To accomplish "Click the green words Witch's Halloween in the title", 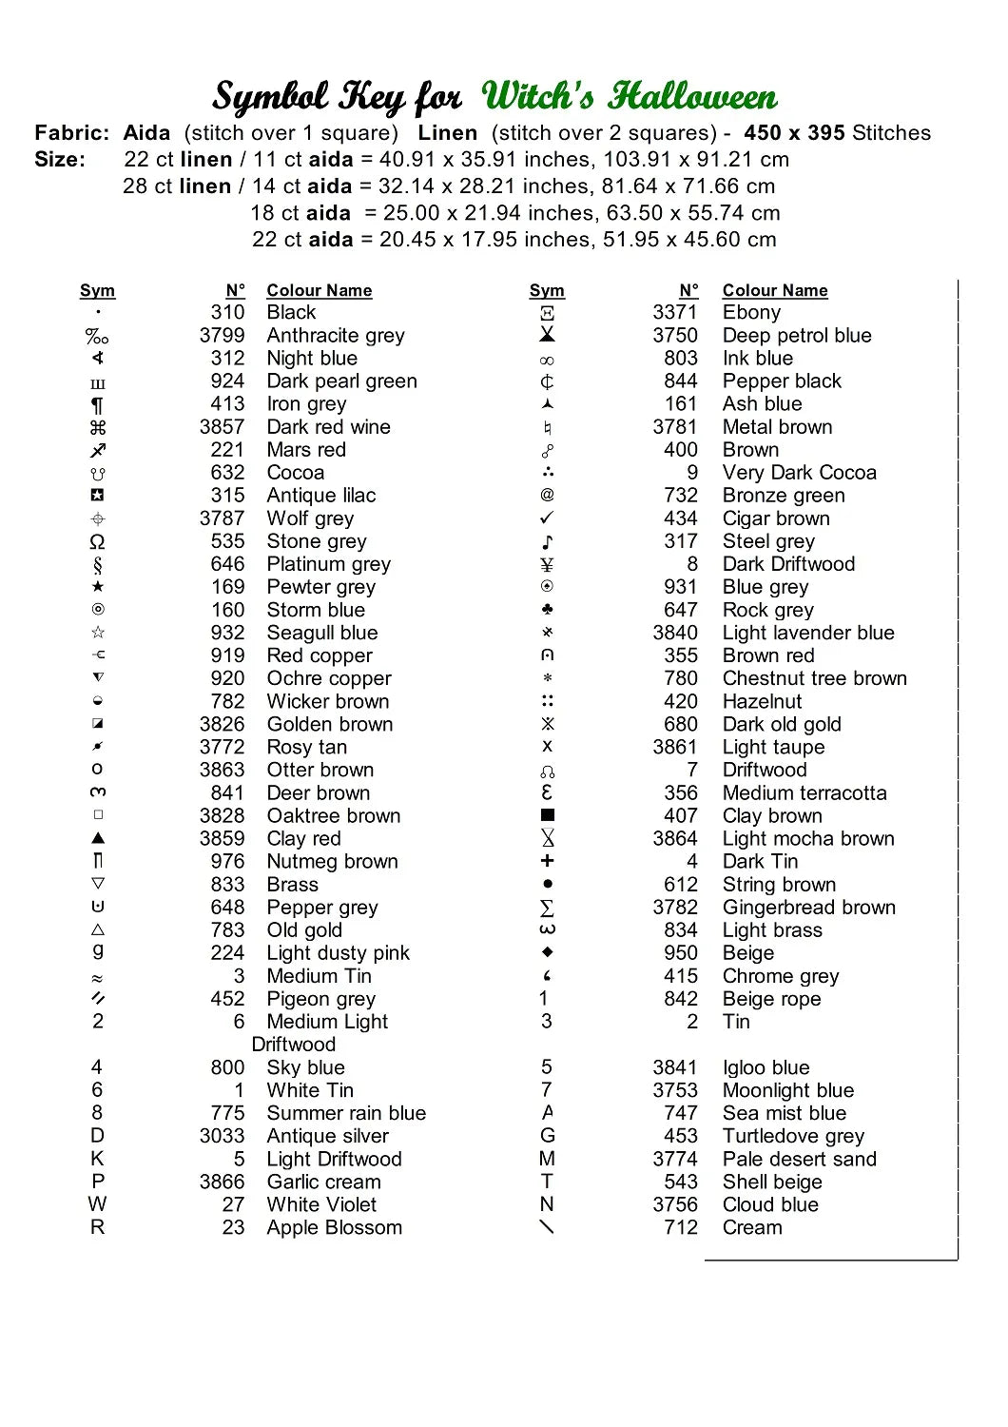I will [629, 96].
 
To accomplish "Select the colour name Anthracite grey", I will [336, 336].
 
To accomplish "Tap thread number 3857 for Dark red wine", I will [222, 427].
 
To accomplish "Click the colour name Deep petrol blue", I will [797, 336].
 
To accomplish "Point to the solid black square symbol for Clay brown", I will [547, 815].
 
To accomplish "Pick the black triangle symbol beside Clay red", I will [98, 838].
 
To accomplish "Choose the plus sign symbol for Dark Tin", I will [547, 861].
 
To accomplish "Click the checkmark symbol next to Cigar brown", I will [547, 518].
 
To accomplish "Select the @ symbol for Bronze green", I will [547, 496].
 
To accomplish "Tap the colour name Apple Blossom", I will [334, 1228].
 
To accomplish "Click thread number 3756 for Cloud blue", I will [675, 1205].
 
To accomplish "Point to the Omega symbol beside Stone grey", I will [97, 542].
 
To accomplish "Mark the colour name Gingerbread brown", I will [809, 908].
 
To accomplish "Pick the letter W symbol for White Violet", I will [97, 1204].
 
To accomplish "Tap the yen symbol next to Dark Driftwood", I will [547, 565].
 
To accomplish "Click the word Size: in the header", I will [60, 160].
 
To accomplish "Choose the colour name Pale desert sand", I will [800, 1160].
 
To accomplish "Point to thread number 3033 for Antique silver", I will [222, 1137].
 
